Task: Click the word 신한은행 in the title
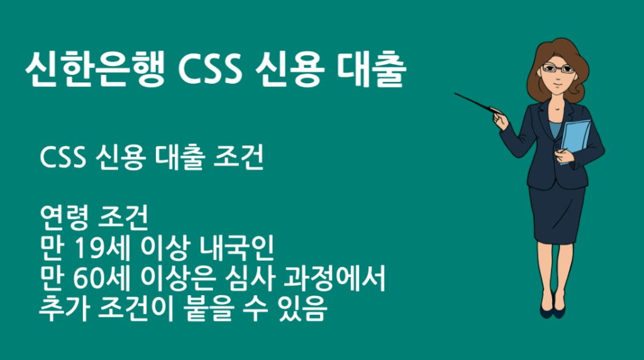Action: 94,70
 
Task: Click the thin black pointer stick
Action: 475,103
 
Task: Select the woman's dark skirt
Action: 556,214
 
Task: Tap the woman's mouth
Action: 555,84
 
